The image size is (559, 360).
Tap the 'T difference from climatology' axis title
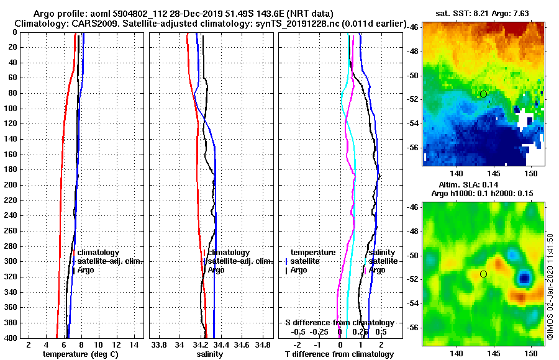339,354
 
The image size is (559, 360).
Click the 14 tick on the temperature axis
134,344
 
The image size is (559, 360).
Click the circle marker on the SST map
483,94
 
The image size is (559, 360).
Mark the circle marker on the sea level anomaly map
483,274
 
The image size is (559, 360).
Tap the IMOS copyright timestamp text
550,286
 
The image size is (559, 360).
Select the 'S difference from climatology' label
339,323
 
